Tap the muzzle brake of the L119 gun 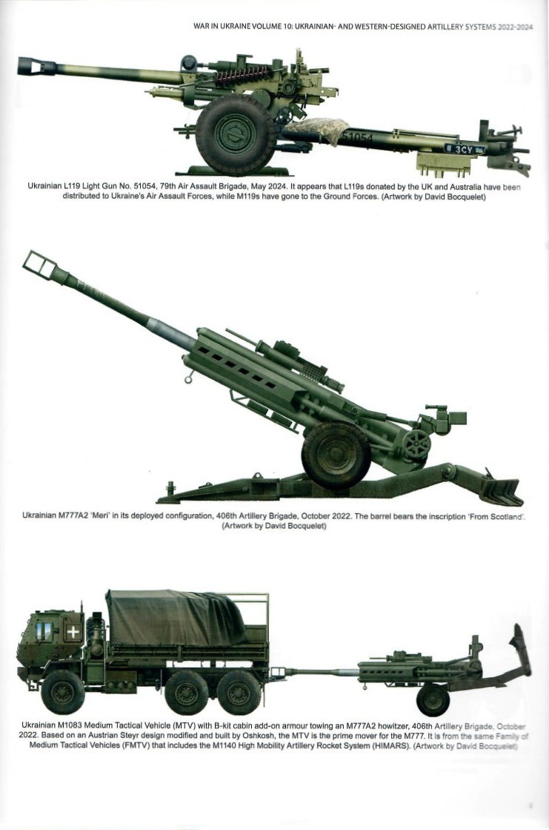[x=36, y=66]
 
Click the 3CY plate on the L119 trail [x=465, y=149]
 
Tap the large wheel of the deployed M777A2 [x=336, y=455]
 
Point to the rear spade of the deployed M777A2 [x=500, y=490]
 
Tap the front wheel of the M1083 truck [x=62, y=691]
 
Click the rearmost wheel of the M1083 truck [x=239, y=692]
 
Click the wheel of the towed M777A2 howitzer [x=433, y=699]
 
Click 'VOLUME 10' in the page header [x=268, y=27]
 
